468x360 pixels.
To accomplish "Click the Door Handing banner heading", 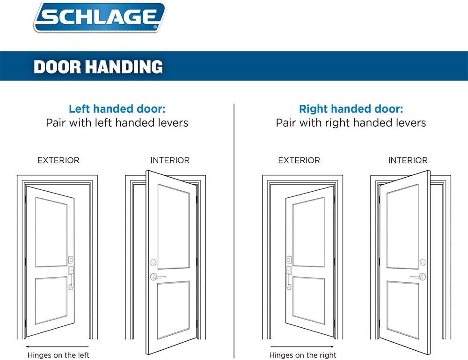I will click(x=98, y=67).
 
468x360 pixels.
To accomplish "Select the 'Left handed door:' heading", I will click(x=117, y=109).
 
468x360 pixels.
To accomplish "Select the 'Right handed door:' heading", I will click(x=351, y=109).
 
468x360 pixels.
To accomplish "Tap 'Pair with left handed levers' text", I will click(x=117, y=123).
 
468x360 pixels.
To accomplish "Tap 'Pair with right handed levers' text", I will click(x=351, y=123).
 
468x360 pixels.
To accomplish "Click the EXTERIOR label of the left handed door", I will click(x=58, y=160).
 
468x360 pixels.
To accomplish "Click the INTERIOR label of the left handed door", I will click(x=170, y=160).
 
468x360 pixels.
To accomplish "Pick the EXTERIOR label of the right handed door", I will click(x=299, y=160).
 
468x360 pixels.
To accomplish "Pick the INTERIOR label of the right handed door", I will click(x=408, y=160).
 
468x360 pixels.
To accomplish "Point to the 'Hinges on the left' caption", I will click(x=58, y=355).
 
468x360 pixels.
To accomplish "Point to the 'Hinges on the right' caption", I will click(x=303, y=355).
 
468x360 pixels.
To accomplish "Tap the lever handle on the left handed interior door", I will click(x=158, y=277).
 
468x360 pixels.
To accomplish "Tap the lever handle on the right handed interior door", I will click(x=417, y=277).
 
